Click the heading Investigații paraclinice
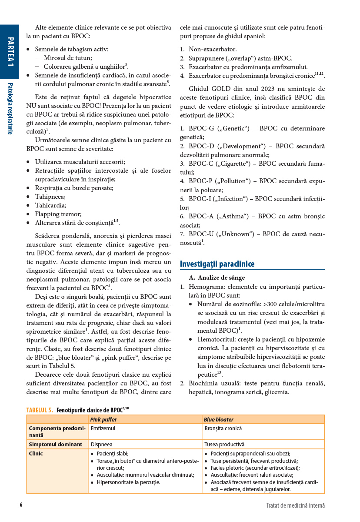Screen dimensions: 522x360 217,264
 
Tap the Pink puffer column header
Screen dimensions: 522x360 103,420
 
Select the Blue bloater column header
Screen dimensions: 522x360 219,420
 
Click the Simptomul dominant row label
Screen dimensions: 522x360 55,445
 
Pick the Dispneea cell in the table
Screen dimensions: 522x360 101,445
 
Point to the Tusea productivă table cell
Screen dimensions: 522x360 224,445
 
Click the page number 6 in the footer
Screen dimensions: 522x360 21,505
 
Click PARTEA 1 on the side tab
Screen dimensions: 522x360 10,52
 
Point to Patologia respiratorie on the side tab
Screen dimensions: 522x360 10,108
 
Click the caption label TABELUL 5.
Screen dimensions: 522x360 40,410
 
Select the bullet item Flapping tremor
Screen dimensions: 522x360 58,214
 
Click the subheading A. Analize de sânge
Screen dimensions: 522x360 217,278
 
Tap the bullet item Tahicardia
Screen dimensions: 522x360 50,205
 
